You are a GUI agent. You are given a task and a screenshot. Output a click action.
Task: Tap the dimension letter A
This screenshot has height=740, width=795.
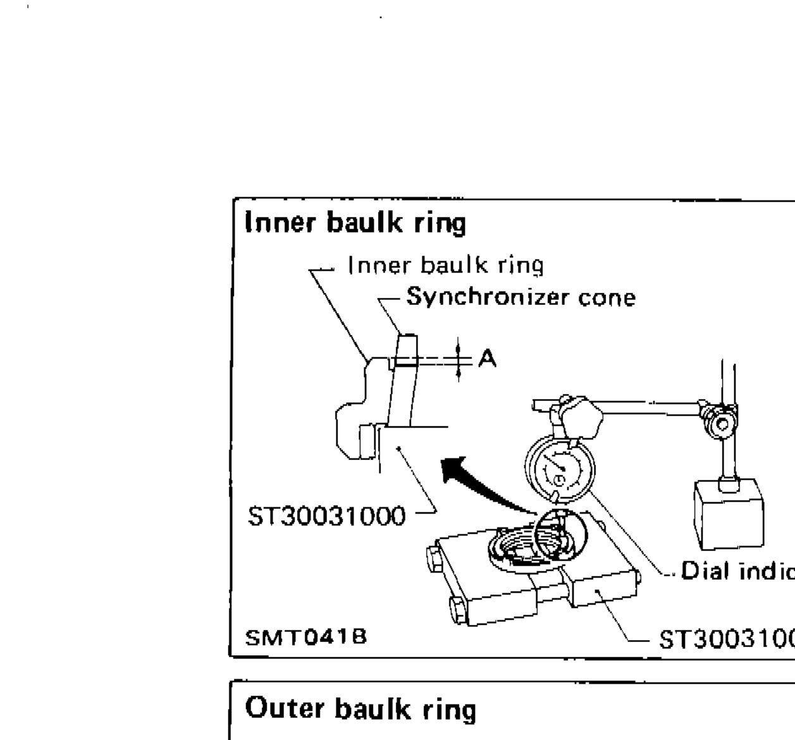tap(487, 359)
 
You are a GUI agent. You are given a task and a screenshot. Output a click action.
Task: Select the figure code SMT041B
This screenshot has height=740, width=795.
tap(306, 637)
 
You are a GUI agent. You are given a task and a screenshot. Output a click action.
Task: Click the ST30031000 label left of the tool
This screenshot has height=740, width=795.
tap(326, 517)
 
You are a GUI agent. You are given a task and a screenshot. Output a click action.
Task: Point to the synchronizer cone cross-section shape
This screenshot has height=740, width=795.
tap(402, 379)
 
